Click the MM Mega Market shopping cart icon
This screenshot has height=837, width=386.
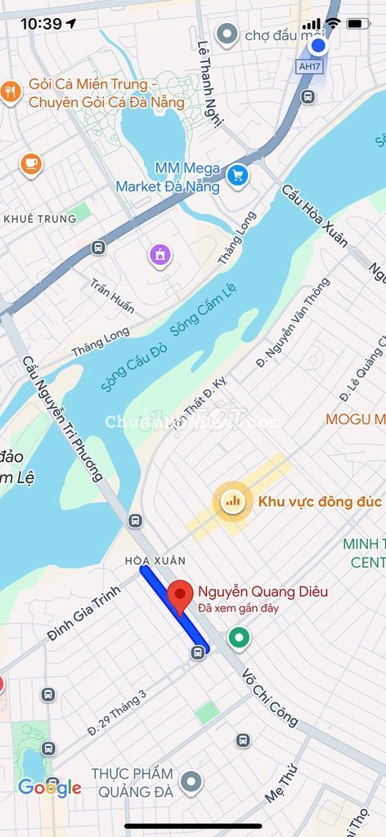(237, 175)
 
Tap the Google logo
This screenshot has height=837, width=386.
(50, 787)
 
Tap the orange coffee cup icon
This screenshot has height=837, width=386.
(31, 163)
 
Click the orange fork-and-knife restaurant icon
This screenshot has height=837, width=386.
(11, 92)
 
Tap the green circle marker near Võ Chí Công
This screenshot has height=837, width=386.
(239, 637)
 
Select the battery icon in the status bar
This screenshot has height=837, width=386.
(358, 24)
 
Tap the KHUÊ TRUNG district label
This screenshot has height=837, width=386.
(40, 218)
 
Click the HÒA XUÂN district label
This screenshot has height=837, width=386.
(155, 561)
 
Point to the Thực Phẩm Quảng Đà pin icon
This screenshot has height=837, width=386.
(191, 782)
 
